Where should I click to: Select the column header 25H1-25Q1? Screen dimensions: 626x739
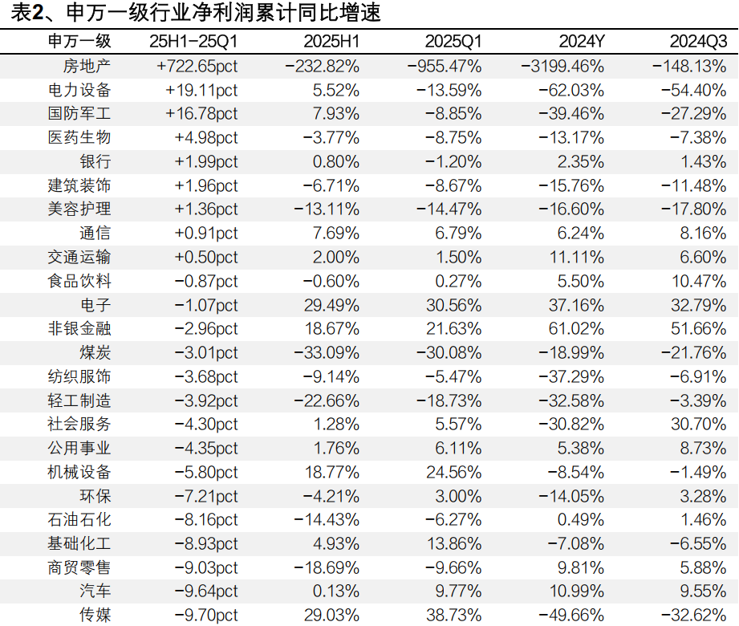(x=193, y=42)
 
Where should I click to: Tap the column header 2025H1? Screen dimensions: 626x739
(x=331, y=42)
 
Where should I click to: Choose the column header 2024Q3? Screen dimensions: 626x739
(x=698, y=42)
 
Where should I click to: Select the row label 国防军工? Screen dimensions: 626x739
(x=79, y=114)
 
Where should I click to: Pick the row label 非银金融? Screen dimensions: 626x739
(x=79, y=329)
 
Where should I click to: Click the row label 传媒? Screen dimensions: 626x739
(x=95, y=616)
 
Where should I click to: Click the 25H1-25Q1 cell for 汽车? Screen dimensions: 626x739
(x=205, y=591)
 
